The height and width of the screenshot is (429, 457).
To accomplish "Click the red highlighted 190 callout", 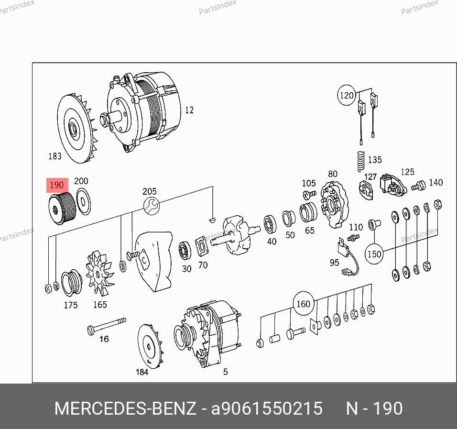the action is click(x=57, y=185).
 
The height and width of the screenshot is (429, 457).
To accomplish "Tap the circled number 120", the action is click(x=347, y=95).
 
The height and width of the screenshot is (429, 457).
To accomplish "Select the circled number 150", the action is click(x=374, y=254).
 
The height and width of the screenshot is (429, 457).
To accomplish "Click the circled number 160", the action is click(x=303, y=304).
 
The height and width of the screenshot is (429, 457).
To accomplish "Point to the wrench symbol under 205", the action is click(x=151, y=206).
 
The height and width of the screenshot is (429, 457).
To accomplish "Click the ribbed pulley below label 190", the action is click(x=62, y=208).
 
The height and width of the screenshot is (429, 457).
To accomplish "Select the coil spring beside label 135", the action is click(x=361, y=162).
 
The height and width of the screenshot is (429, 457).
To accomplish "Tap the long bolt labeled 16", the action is click(x=107, y=326).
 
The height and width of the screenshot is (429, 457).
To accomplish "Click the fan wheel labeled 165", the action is click(x=99, y=273).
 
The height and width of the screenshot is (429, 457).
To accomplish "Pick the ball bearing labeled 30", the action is click(x=185, y=251).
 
